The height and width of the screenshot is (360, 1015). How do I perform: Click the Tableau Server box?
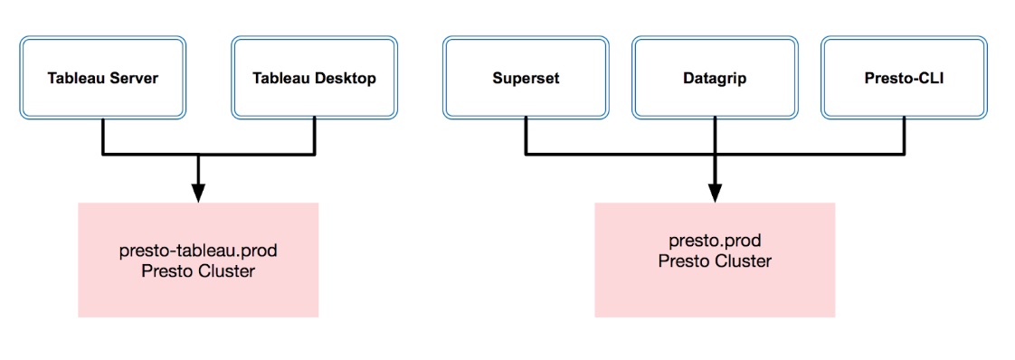pos(103,78)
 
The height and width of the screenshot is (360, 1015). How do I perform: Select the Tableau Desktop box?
pos(315,78)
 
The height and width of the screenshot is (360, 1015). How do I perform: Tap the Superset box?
pos(526,78)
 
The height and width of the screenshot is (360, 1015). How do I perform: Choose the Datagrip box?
pos(715,78)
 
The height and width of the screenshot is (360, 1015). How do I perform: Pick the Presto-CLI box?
pos(905,78)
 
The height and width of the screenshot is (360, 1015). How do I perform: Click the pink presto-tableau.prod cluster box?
pos(198,260)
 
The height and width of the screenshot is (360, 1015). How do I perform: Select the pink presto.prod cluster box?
pos(715,260)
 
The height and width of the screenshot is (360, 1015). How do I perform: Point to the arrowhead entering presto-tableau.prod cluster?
pos(198,194)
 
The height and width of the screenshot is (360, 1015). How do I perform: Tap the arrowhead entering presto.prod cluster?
pos(715,194)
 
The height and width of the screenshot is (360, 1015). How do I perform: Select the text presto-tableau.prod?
pos(198,251)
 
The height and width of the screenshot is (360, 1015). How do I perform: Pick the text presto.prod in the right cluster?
pos(715,242)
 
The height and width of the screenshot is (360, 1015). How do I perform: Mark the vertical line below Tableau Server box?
pos(103,137)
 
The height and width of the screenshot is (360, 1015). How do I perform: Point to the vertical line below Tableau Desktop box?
pos(315,137)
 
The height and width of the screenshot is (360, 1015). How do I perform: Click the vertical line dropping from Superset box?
pos(526,137)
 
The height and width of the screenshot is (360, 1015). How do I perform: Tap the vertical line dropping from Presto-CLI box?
pos(905,137)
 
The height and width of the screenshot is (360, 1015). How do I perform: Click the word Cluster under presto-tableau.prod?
pos(227,270)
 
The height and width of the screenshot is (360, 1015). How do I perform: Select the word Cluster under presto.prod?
pos(743,262)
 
